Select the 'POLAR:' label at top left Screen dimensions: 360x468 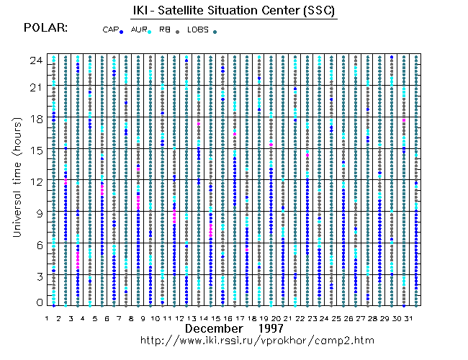46,28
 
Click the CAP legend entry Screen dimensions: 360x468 113,30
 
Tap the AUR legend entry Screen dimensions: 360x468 140,30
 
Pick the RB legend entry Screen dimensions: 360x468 168,30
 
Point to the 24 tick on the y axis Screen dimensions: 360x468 35,60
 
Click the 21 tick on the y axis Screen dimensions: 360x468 35,87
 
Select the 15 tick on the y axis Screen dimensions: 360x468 35,150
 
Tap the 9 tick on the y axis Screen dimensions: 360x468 37,213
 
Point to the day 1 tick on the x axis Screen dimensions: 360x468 47,316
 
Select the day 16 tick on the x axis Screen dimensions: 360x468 227,316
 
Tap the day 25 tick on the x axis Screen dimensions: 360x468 335,316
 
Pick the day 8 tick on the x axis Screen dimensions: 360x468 131,316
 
